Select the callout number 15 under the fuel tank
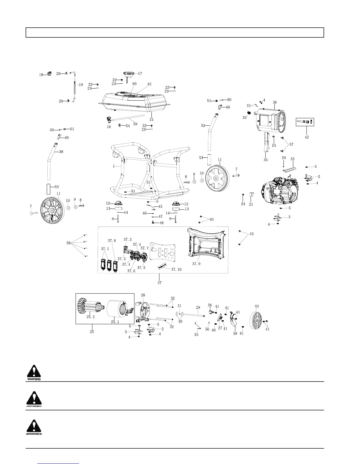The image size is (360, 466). pos(151,120)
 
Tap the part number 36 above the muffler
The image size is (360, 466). pos(275,102)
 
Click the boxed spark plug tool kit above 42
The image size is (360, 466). pos(305,122)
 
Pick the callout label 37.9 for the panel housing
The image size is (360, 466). pos(196,264)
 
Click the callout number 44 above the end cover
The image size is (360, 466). pos(257,306)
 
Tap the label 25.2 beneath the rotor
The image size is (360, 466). pos(91,317)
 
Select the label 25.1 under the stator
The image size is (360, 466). pos(115,322)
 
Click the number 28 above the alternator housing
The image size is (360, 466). pos(143,295)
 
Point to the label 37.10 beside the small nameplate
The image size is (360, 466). pos(176,269)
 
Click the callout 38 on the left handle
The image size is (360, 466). pos(61,152)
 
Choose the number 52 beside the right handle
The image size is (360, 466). pos(203,126)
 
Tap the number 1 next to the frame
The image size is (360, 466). pos(114,166)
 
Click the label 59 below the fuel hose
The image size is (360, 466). pos(135,124)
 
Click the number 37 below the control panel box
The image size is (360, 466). pos(159,283)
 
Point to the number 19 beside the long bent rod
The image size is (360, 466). pos(81,85)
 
